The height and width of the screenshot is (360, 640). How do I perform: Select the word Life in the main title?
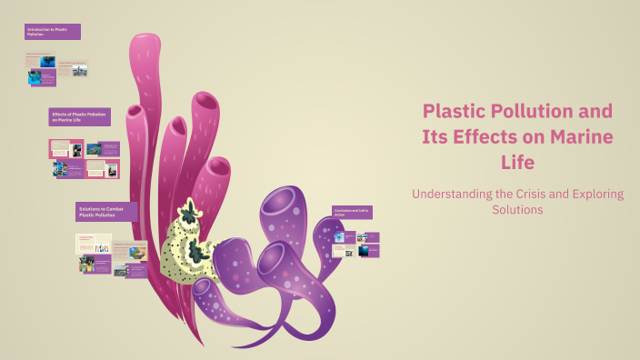[x=516, y=163]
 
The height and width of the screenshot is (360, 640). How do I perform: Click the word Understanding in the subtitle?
[x=452, y=194]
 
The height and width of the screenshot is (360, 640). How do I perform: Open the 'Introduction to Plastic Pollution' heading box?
[x=53, y=32]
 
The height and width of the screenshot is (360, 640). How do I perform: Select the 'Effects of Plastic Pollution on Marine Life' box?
[x=80, y=116]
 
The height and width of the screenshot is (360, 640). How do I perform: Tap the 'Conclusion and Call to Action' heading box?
[x=353, y=212]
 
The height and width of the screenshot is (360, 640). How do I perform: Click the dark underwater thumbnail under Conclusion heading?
[x=364, y=251]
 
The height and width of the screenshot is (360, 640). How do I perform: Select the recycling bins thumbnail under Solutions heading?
[x=102, y=246]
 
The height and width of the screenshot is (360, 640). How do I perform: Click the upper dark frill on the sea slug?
[x=190, y=215]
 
